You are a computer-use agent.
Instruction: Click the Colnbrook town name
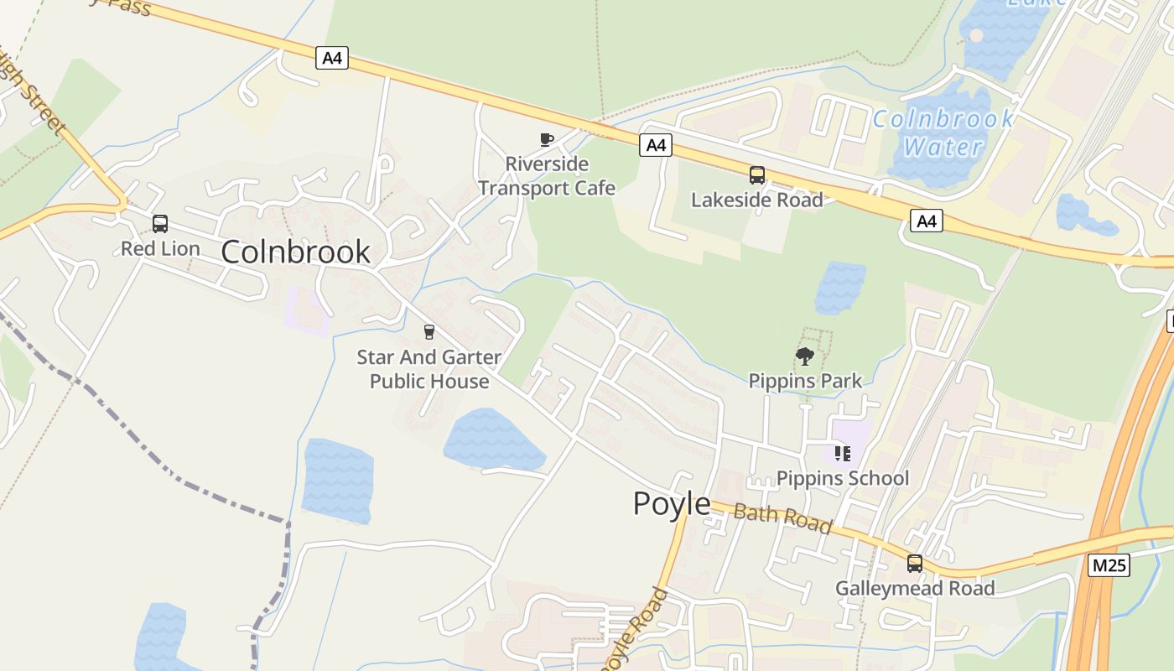[x=295, y=252]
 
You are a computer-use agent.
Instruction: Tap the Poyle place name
[x=671, y=504]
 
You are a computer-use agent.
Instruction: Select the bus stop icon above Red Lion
[x=160, y=224]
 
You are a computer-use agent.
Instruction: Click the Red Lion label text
[x=160, y=249]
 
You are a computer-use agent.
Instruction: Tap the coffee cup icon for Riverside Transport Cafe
[x=546, y=139]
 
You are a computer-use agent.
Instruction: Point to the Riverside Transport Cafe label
[x=547, y=176]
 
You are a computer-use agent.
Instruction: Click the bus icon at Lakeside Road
[x=756, y=175]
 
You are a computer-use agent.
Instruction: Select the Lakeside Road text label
[x=756, y=200]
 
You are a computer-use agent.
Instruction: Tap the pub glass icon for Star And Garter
[x=429, y=332]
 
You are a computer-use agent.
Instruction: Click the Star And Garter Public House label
[x=429, y=369]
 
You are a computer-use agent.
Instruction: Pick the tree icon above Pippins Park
[x=805, y=356]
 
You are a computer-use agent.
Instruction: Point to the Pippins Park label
[x=805, y=381]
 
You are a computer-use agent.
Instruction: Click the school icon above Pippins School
[x=843, y=454]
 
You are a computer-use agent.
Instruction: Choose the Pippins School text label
[x=843, y=478]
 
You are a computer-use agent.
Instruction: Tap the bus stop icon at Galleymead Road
[x=915, y=564]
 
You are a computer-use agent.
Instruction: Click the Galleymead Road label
[x=915, y=589]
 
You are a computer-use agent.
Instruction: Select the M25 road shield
[x=1109, y=565]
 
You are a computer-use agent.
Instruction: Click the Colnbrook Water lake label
[x=943, y=133]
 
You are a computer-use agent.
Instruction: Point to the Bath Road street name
[x=782, y=518]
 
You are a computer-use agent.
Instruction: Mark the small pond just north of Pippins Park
[x=839, y=287]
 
